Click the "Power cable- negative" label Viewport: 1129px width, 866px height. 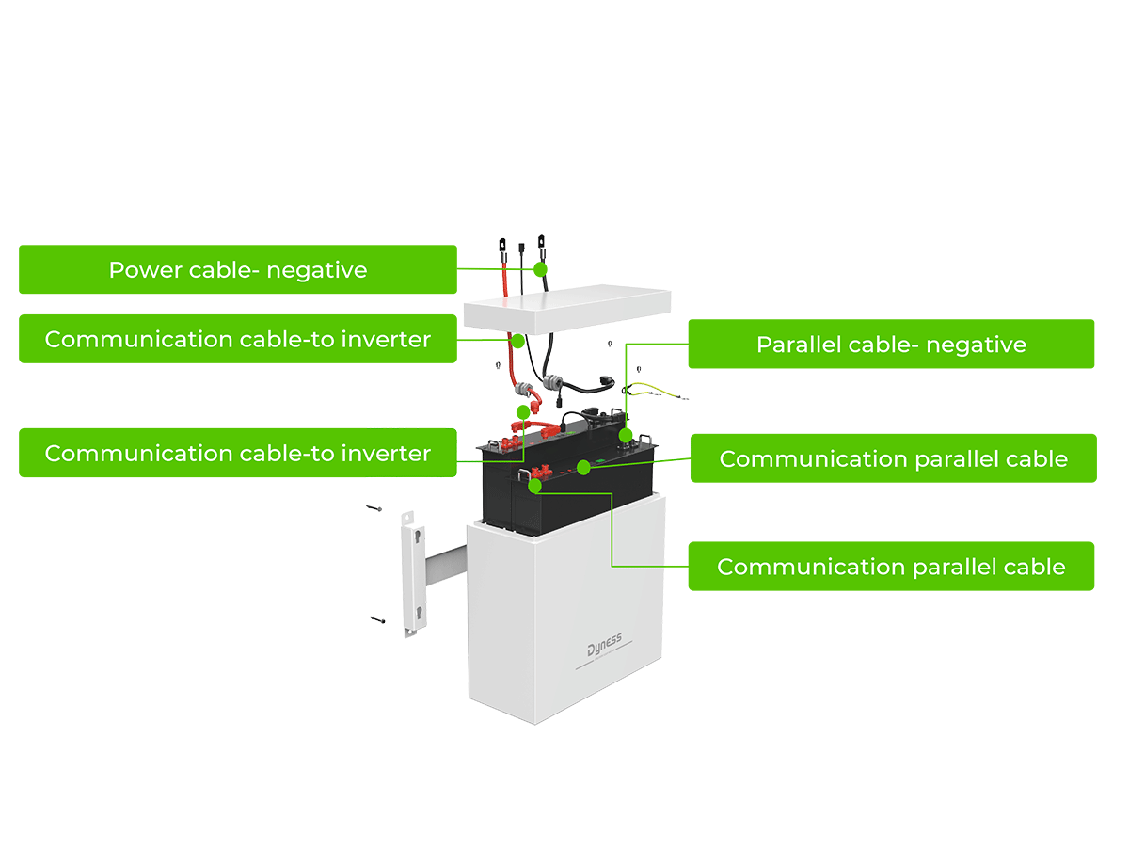pyautogui.click(x=238, y=270)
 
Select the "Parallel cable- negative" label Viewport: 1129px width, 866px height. pyautogui.click(x=891, y=345)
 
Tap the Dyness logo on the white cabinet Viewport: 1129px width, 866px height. pyautogui.click(x=604, y=645)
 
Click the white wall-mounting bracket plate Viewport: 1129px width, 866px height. pyautogui.click(x=414, y=573)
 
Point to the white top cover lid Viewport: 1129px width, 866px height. pyautogui.click(x=566, y=309)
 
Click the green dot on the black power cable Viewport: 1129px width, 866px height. pyautogui.click(x=540, y=269)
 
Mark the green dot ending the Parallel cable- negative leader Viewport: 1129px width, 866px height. pyautogui.click(x=626, y=435)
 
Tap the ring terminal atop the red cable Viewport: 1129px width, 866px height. pyautogui.click(x=502, y=245)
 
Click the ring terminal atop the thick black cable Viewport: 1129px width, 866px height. pyautogui.click(x=541, y=242)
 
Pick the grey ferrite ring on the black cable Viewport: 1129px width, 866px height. pyautogui.click(x=552, y=382)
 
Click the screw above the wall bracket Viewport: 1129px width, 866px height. pyautogui.click(x=374, y=508)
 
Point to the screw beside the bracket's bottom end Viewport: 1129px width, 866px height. pyautogui.click(x=377, y=619)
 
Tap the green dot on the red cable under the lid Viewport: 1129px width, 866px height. pyautogui.click(x=517, y=341)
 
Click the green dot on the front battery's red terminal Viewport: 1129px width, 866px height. pyautogui.click(x=534, y=486)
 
